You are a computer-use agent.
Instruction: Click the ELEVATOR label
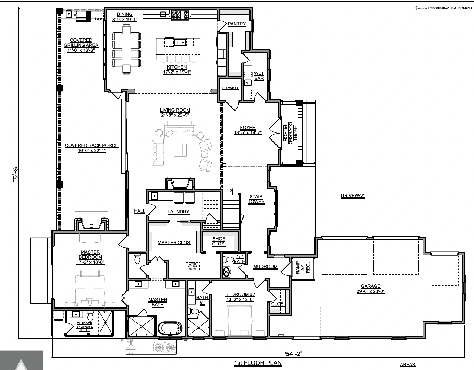click(230, 88)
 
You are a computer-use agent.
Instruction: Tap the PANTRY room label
click(237, 24)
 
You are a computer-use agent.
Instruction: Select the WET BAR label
click(259, 76)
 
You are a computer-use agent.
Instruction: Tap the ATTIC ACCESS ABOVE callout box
click(193, 267)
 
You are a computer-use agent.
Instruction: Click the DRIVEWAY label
click(353, 196)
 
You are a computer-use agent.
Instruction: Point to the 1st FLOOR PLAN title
click(258, 363)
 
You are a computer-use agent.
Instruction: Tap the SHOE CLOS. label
click(219, 241)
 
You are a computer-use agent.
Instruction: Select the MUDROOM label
click(265, 267)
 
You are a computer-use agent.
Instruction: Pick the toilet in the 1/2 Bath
click(229, 260)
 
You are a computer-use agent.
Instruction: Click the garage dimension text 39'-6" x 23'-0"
click(371, 291)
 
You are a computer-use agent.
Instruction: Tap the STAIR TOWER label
click(256, 199)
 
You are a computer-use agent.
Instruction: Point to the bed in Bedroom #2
click(240, 320)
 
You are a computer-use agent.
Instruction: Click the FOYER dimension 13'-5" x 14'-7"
click(248, 133)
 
